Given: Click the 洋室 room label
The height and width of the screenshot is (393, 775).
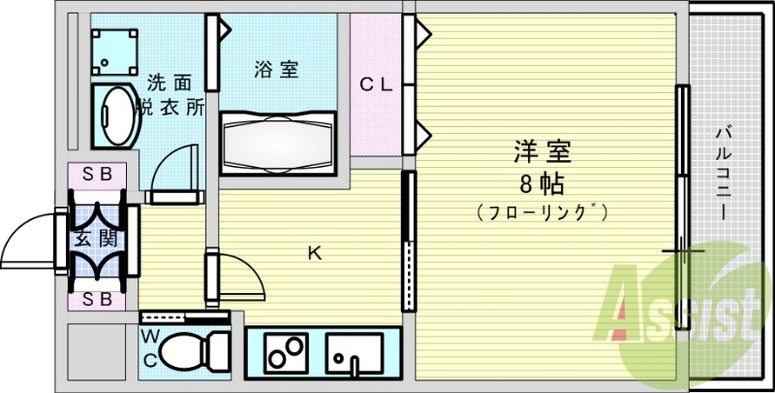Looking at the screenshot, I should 542,152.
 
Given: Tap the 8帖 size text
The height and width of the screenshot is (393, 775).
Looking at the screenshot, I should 542,182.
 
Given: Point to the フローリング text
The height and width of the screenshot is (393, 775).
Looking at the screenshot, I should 542,211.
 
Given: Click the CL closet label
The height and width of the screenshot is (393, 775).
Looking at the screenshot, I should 376,84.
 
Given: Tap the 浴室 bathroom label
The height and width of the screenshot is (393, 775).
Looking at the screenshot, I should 276,69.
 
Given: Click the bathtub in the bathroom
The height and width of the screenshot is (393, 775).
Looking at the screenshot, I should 276,141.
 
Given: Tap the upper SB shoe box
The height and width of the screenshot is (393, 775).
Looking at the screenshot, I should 96,175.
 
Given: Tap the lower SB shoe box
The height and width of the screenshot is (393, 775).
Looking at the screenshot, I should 96,299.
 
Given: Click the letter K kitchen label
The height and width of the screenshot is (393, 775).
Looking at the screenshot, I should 314,254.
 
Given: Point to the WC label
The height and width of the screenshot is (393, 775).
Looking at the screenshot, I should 151,347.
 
